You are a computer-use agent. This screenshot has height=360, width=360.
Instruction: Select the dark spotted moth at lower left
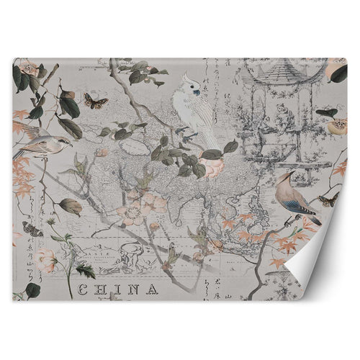33,229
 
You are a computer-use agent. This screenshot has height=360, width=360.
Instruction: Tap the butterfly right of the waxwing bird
329,199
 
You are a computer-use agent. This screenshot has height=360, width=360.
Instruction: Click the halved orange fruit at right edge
336,128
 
